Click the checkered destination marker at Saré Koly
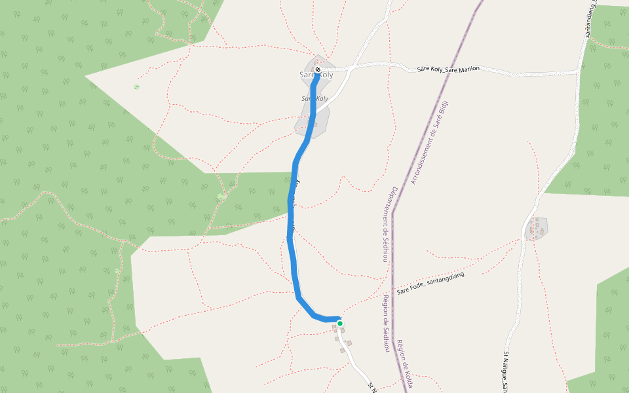pos(318,69)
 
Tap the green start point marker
pos(340,323)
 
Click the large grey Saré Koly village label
pos(316,75)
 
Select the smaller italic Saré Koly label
pos(314,99)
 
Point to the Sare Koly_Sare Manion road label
pos(448,69)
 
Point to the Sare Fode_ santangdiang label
pos(430,282)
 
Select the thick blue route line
pos(292,216)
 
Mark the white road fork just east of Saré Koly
pos(353,67)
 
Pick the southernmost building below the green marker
pos(341,350)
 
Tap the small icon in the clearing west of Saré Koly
pos(136,86)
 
